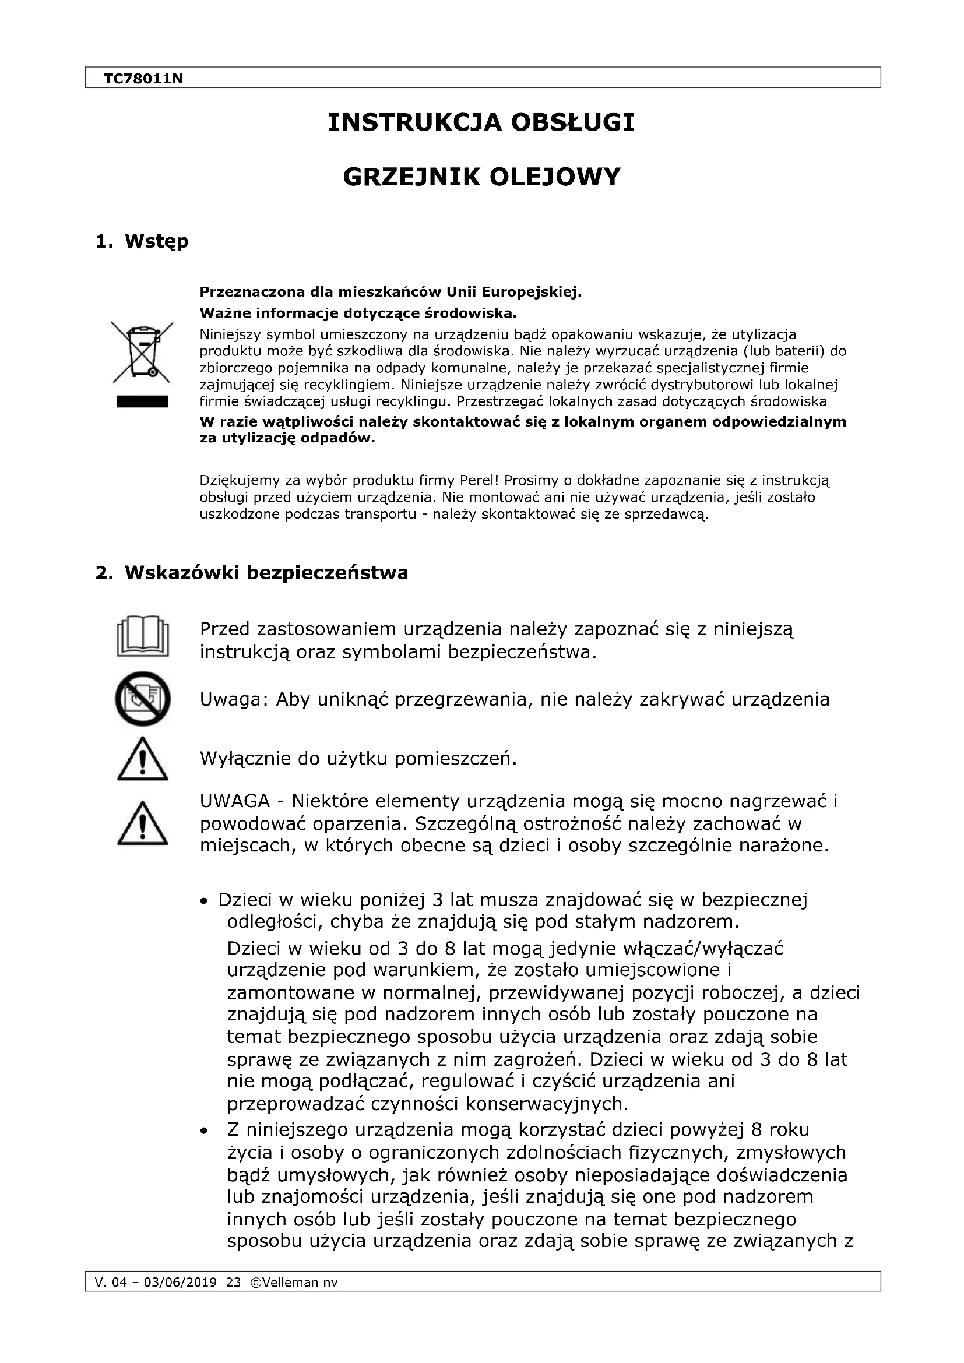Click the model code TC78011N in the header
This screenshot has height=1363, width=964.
(x=143, y=78)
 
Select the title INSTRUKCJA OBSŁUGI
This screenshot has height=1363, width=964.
(x=481, y=123)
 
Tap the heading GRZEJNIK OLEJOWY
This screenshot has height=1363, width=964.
(x=481, y=177)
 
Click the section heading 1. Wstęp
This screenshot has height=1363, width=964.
(x=142, y=242)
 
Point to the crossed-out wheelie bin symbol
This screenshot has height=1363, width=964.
(x=142, y=351)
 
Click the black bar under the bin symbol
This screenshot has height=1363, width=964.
(x=142, y=402)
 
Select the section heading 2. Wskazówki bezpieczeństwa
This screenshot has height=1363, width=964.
(x=252, y=573)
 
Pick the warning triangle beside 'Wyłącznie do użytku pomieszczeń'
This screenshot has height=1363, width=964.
(x=142, y=760)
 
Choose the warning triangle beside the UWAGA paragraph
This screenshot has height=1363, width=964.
(x=142, y=824)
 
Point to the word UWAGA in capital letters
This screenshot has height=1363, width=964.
(x=235, y=801)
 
